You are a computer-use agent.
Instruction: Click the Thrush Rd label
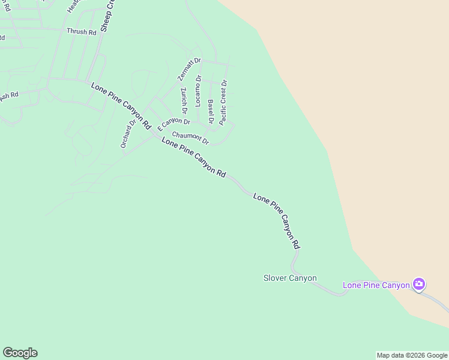click(81, 31)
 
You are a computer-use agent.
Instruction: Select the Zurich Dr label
click(184, 101)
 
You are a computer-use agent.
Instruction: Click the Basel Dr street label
click(211, 112)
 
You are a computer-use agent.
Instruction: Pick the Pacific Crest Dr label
click(223, 103)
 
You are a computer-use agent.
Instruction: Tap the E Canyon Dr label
click(173, 124)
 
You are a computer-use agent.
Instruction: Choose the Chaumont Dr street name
click(190, 138)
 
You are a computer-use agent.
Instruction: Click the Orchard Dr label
click(128, 133)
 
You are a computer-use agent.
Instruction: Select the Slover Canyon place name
click(290, 278)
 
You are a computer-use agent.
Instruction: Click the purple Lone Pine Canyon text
click(376, 285)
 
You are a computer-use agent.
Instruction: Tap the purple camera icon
click(419, 284)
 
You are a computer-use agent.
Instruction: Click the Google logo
click(20, 353)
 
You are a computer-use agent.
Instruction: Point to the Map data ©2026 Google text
click(411, 355)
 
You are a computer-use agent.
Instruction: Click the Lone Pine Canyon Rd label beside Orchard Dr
click(121, 106)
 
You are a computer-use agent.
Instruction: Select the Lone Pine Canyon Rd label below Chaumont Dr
click(193, 157)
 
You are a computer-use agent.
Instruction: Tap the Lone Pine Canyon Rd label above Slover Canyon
click(276, 221)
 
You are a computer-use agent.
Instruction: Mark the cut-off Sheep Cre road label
click(107, 16)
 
